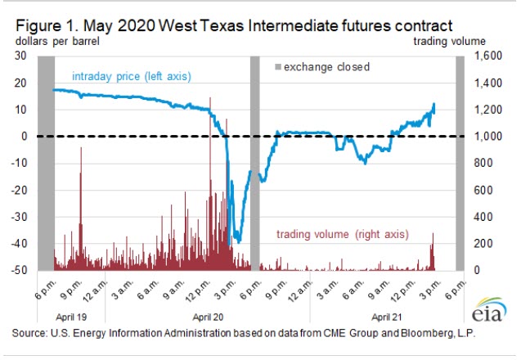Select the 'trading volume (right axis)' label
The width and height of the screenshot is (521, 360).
click(x=341, y=235)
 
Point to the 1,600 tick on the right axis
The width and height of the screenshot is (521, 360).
click(x=481, y=56)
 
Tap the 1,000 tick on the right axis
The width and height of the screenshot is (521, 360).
click(x=481, y=137)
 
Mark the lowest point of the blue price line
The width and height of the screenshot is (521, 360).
click(x=238, y=241)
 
